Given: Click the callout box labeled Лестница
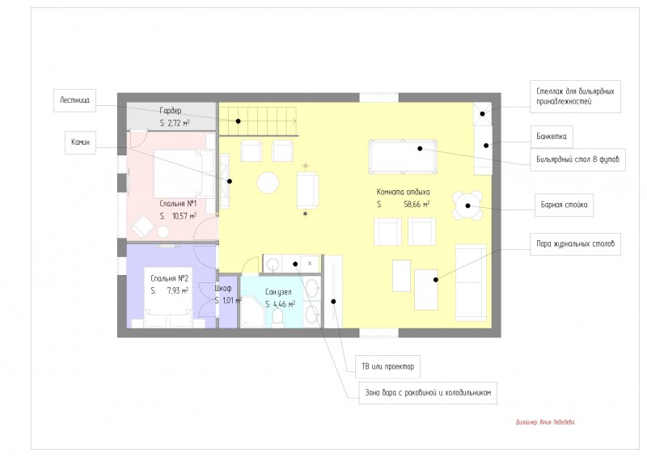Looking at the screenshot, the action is tap(74, 100).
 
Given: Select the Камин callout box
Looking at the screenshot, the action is tap(80, 142).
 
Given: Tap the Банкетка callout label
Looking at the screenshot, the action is tap(552, 137).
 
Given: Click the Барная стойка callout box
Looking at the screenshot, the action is tap(564, 205).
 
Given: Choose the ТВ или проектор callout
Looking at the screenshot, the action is tap(388, 366).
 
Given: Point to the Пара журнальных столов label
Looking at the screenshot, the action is tap(575, 243).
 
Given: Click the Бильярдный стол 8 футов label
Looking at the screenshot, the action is tap(577, 159).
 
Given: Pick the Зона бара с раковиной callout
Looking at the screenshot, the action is tap(428, 392).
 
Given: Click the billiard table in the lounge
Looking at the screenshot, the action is tap(402, 157).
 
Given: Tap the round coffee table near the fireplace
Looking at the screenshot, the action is tap(268, 183).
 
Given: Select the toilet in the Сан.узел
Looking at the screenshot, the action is tap(277, 317).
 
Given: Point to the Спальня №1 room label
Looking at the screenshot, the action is tap(178, 204).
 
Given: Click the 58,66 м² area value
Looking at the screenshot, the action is tap(417, 204).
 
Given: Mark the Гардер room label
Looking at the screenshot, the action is tap(171, 111).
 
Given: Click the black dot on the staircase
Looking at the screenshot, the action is tap(238, 121).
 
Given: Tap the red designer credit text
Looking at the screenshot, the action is tap(544, 422).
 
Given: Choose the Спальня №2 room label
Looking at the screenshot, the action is tap(169, 278).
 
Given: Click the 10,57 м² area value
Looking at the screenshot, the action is tap(184, 216).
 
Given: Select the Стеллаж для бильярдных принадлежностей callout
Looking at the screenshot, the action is tap(575, 96).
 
